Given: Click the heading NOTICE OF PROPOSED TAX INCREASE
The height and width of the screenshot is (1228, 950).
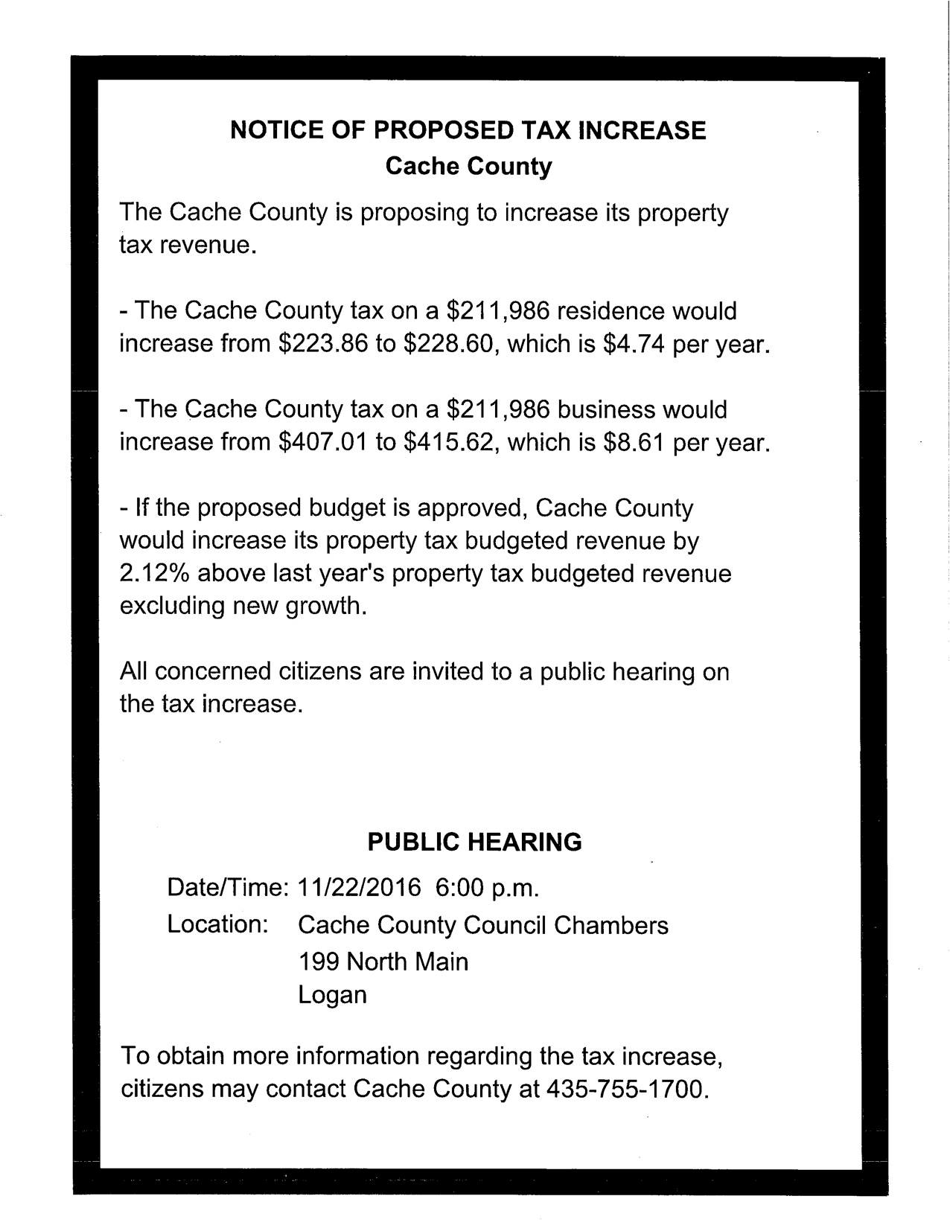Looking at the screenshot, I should coord(468,131).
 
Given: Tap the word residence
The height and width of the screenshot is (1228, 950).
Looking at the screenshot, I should coord(614,310).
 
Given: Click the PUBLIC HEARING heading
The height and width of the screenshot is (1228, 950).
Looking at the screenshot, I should coord(475,842).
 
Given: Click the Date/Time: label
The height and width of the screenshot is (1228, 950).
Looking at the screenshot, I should coord(227,888).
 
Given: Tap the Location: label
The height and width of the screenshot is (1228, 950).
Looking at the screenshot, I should coord(217,924).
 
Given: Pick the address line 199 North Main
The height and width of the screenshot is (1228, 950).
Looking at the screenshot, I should coord(383,962).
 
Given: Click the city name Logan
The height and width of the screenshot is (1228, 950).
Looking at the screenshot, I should coord(332,995).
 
